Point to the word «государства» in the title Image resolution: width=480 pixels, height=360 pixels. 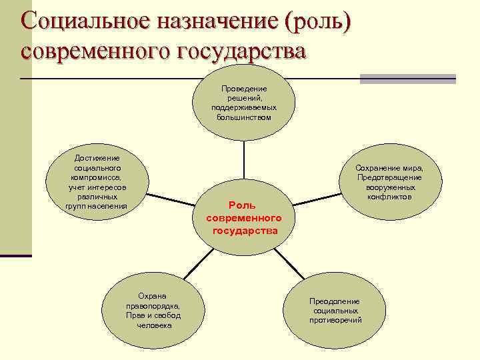(239, 51)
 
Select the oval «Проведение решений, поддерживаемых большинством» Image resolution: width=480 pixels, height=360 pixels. (244, 103)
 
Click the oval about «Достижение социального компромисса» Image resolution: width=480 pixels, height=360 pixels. (97, 182)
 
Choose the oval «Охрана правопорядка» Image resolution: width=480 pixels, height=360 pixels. (153, 310)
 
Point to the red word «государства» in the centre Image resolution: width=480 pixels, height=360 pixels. (245, 231)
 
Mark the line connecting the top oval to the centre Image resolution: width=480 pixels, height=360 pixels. (244, 160)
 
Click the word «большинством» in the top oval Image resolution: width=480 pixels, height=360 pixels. (244, 117)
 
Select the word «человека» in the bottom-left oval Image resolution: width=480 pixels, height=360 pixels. (153, 325)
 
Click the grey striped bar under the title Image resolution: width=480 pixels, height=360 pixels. (407, 79)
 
